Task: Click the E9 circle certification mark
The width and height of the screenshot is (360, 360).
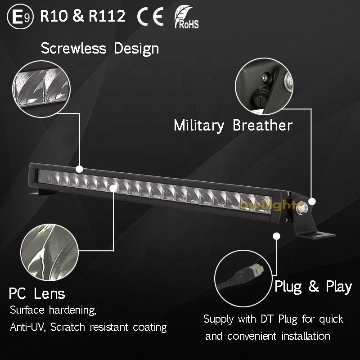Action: [x=22, y=17]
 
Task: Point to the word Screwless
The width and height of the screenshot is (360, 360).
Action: [x=74, y=48]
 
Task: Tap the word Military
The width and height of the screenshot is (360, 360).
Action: [x=199, y=125]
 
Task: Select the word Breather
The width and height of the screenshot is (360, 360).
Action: [x=263, y=125]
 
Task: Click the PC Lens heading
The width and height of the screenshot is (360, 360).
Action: [x=37, y=294]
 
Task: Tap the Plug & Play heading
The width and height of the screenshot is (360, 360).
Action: [x=313, y=286]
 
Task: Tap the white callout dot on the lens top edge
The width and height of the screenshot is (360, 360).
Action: [x=80, y=169]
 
